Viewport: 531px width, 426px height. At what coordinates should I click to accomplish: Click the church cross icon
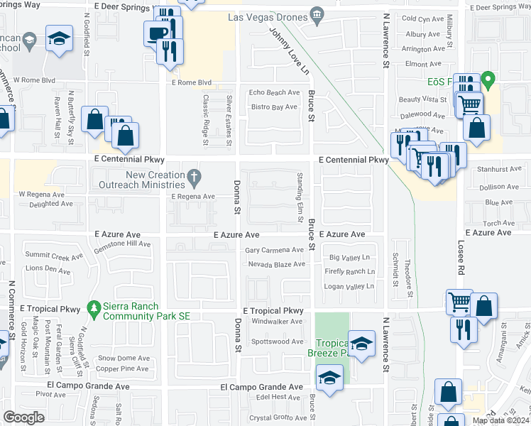pos(193,175)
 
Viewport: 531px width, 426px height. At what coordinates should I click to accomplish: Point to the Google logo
pos(24,417)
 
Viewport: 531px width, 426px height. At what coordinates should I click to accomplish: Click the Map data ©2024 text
pos(500,420)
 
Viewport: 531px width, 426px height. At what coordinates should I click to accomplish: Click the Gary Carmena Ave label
pos(274,250)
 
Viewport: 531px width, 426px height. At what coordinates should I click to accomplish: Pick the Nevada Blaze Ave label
pos(276,264)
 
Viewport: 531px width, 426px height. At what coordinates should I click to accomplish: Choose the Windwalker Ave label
pos(278,322)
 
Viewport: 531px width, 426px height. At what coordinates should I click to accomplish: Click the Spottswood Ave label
pos(278,342)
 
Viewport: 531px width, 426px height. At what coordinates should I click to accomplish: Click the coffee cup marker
pos(156,33)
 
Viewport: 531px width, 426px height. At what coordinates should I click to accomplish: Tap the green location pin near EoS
pos(487,79)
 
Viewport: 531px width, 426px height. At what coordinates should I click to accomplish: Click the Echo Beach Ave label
pos(274,92)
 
